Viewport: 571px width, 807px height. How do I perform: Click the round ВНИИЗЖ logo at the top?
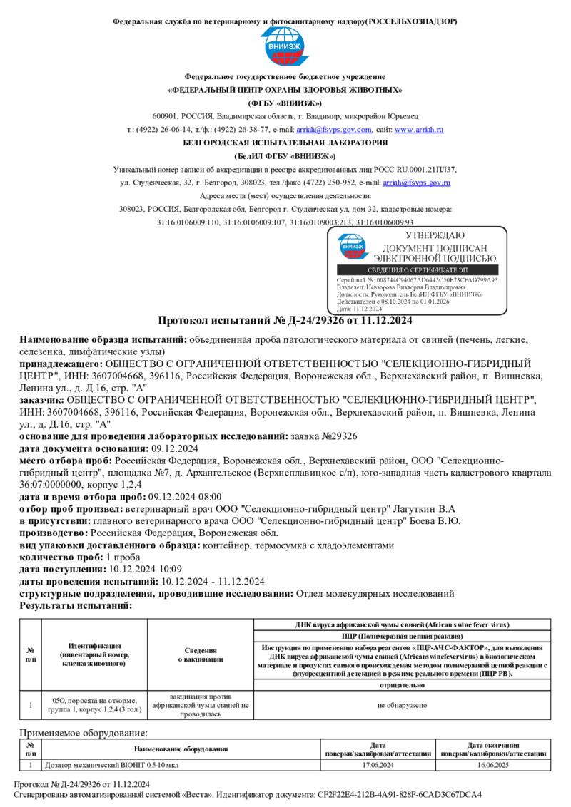285,47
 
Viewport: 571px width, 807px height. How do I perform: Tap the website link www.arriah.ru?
419,130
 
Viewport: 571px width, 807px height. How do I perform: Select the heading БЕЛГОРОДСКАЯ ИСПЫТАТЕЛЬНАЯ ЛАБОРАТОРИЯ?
285,143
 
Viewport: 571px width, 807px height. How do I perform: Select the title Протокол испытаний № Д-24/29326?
285,319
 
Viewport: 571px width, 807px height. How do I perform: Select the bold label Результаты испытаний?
76,605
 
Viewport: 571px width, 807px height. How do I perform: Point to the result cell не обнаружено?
402,704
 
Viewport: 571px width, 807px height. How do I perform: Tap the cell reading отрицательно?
402,685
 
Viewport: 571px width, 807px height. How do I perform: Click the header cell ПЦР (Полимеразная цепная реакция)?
402,634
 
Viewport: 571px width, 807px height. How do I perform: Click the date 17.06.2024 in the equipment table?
378,765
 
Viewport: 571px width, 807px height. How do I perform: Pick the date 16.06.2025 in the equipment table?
493,765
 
